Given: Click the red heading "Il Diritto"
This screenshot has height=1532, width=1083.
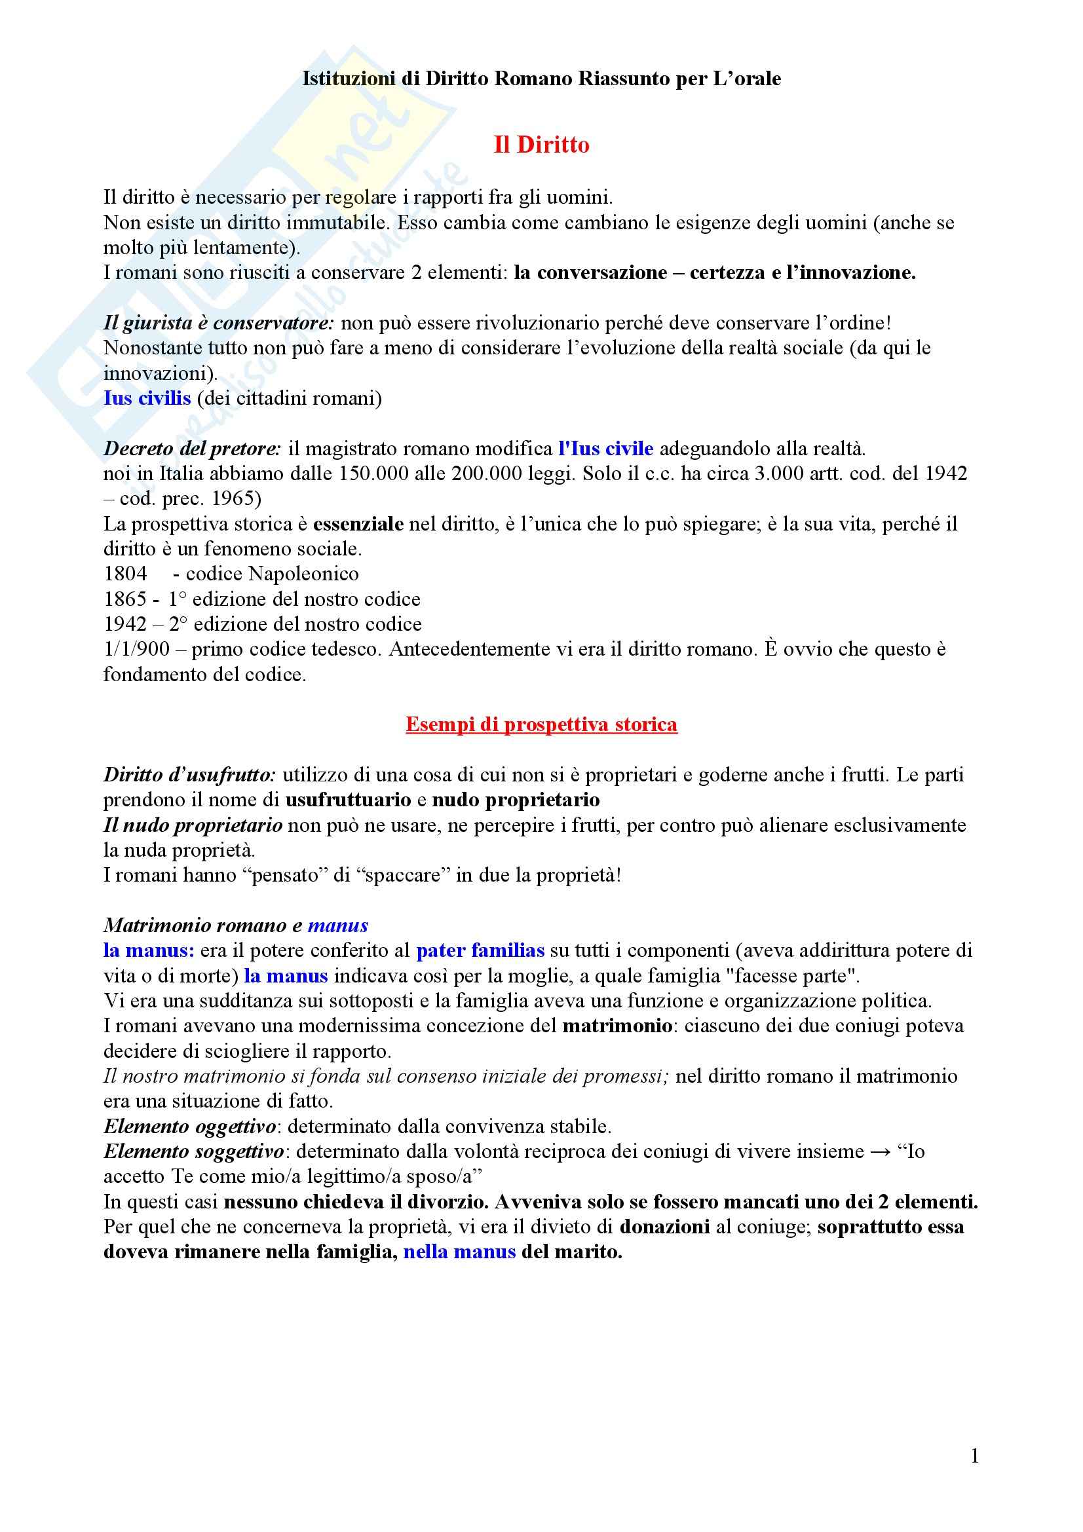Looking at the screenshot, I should click(541, 145).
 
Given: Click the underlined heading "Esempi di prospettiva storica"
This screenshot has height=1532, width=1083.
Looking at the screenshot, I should click(541, 724).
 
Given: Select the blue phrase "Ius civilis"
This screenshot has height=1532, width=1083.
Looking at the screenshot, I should click(147, 398).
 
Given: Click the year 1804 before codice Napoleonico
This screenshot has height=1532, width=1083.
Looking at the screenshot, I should click(125, 574).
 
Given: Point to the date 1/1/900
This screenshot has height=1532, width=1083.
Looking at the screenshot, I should click(136, 649).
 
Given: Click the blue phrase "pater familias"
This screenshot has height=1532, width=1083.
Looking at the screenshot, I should click(480, 950).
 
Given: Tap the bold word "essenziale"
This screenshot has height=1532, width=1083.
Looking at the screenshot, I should click(358, 524).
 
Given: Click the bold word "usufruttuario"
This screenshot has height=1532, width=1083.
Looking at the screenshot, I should click(349, 799).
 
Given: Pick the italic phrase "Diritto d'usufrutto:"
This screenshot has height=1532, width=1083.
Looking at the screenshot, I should click(189, 775).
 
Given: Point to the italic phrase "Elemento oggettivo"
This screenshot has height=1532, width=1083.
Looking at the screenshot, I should click(189, 1127).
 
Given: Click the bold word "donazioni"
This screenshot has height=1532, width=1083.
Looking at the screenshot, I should click(664, 1226).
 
